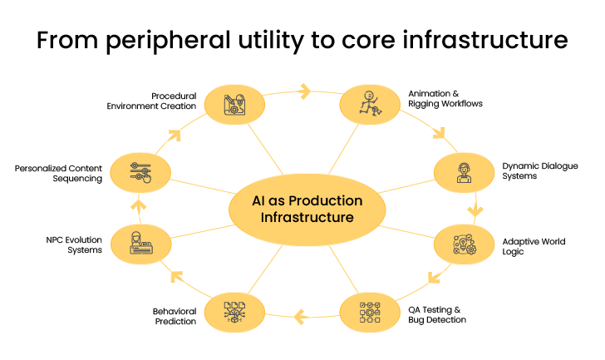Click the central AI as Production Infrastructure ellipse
coord(307,209)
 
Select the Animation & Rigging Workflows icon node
coord(368,104)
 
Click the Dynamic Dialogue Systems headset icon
coord(464,172)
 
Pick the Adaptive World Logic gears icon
coord(464,244)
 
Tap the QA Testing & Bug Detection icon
coord(368,313)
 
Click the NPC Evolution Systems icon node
coord(139,244)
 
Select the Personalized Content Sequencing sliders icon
coord(139,172)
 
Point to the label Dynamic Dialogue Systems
coord(533,170)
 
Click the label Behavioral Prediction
coord(175,315)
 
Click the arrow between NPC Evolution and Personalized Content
coord(139,205)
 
